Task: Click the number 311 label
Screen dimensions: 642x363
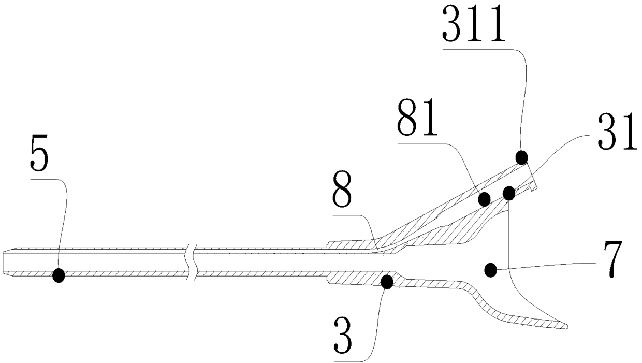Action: (473, 27)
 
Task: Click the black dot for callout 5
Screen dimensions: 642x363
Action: (59, 275)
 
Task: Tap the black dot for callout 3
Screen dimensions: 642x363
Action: (386, 281)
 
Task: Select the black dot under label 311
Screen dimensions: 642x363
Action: (521, 156)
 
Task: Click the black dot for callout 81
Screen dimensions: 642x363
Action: (485, 198)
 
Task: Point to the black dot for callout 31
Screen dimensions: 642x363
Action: (509, 193)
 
